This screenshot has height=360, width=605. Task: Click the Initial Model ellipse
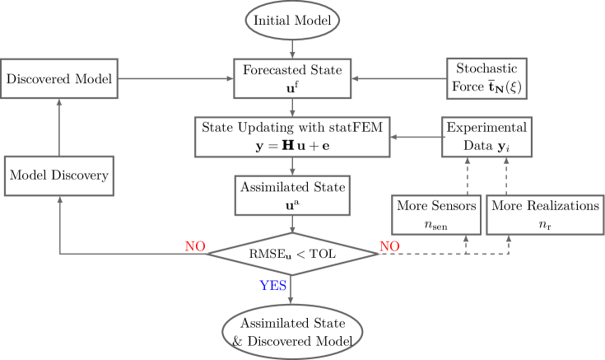[291, 20]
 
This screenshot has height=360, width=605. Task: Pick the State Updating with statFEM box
[292, 136]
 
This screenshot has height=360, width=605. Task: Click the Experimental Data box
[486, 136]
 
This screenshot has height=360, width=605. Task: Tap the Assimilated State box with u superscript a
[293, 194]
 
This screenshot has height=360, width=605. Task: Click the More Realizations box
[543, 214]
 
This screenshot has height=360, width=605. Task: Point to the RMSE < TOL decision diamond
[293, 253]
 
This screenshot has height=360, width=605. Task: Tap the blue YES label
[273, 285]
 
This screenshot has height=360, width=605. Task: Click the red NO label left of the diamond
[195, 245]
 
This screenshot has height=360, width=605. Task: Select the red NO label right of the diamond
[389, 245]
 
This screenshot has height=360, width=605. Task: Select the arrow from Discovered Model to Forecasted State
[173, 79]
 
